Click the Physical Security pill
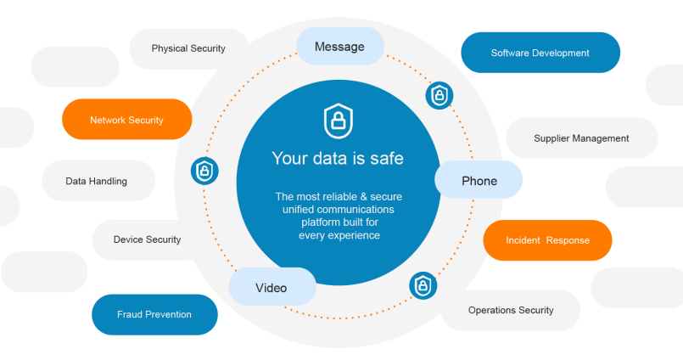[188, 48]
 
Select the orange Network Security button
[127, 120]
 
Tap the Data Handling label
[97, 181]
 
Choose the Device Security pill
[147, 239]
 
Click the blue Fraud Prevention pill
[154, 314]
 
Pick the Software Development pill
[540, 53]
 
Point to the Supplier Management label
[581, 138]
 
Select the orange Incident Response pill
[547, 240]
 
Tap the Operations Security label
[511, 310]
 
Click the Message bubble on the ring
[339, 47]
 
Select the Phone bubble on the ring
[479, 181]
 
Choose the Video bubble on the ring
[272, 288]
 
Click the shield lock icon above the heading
[338, 121]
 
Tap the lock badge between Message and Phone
[439, 94]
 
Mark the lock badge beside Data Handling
[204, 171]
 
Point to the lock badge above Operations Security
[422, 285]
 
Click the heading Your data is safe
[338, 158]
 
